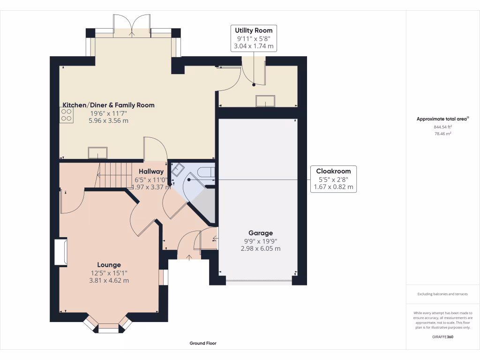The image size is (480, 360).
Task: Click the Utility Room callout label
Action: coord(254,30)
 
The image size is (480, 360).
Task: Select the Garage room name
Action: coord(261,233)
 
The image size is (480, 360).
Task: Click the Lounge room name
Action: coord(109,265)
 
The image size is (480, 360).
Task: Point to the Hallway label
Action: coord(151,172)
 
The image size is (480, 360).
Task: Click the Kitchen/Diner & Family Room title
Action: coord(109,105)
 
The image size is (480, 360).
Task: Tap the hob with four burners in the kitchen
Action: coord(66,115)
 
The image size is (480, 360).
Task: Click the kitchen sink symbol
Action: coord(97,153)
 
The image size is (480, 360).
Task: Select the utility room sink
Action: coord(265,101)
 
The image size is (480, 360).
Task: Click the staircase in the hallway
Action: coord(114,174)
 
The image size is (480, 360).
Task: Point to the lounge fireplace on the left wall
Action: coord(60,252)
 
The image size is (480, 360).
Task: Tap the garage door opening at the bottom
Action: coord(258,282)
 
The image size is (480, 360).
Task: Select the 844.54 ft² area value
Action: coord(442,127)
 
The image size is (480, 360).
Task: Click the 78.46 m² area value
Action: coord(442,134)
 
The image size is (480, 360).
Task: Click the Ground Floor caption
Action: coord(203,343)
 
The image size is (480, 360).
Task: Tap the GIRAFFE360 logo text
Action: coord(442,337)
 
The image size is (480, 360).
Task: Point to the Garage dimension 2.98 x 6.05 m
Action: coord(261,248)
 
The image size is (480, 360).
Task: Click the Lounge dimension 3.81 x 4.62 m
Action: coord(109,280)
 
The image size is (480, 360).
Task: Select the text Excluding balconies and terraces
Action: coord(442,294)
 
